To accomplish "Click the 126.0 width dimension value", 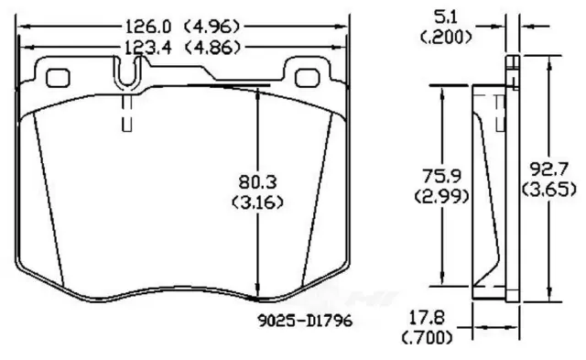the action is [x=148, y=27].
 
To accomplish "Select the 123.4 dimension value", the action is [x=147, y=48].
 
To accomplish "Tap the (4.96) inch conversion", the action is [x=212, y=27].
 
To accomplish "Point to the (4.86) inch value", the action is [x=212, y=48].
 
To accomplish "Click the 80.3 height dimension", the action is [x=258, y=182].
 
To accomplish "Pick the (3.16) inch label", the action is [x=258, y=202].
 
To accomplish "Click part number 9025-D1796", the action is [x=305, y=321].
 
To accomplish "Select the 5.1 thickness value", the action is [x=446, y=17].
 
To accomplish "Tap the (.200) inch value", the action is [x=446, y=37].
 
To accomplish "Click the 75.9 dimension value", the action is [x=441, y=175].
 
